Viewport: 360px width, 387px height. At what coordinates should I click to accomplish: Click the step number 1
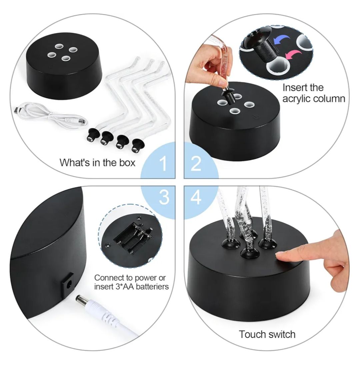pyautogui.click(x=163, y=164)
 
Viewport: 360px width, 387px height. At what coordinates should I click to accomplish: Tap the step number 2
pyautogui.click(x=196, y=164)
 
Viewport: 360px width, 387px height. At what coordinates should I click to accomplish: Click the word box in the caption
pyautogui.click(x=127, y=163)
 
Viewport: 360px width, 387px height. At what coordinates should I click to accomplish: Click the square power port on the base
pyautogui.click(x=68, y=281)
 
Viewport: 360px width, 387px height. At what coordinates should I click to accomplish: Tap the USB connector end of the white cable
pyautogui.click(x=18, y=109)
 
